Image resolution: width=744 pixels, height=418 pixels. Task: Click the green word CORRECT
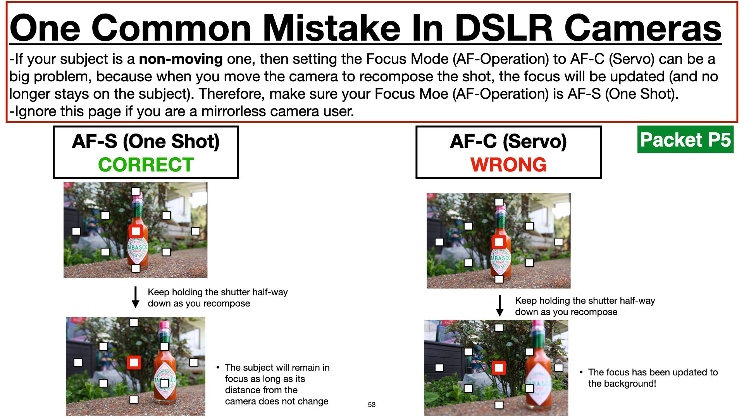pos(146,165)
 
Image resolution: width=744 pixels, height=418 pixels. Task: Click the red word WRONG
pos(508,165)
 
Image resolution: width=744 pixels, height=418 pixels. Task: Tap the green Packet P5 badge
pos(685,139)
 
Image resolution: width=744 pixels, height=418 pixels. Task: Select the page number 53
pos(372,404)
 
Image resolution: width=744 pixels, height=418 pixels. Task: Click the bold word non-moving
pos(181,59)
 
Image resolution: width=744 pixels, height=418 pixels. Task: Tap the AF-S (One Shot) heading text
pos(146,141)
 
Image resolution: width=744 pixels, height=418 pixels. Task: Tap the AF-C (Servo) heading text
pos(508,141)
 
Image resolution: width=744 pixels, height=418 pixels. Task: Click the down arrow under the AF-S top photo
pos(135,297)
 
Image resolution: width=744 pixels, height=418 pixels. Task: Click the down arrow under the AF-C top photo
pos(500,306)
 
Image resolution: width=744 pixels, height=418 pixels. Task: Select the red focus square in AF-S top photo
pos(136,231)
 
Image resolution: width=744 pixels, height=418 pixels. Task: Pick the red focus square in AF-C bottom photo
pos(499,368)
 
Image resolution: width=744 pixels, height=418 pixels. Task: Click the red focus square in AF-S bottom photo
pos(134,363)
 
